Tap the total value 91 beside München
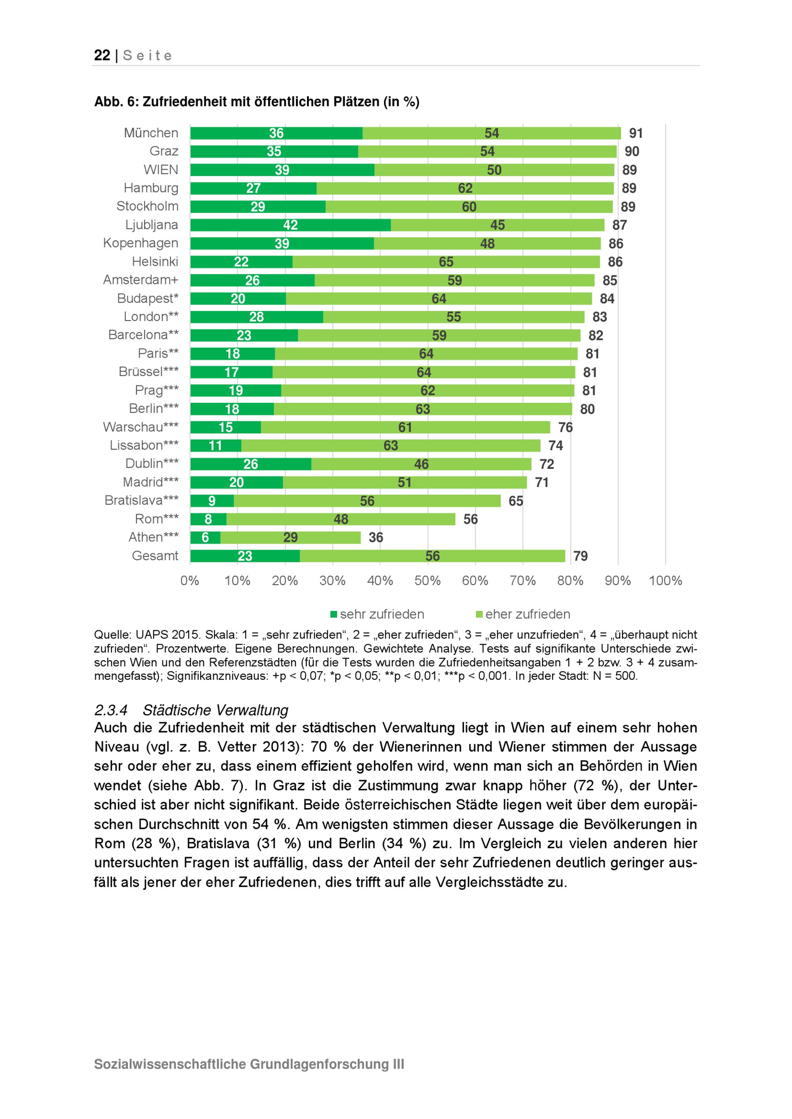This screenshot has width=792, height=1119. tap(636, 133)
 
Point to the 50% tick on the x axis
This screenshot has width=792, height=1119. tap(427, 580)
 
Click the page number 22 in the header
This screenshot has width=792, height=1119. tap(102, 55)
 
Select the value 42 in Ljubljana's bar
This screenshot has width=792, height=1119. tap(290, 225)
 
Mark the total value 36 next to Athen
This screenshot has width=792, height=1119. tap(375, 538)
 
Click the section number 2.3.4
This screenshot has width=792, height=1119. tap(111, 710)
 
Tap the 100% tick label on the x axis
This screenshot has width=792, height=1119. tap(665, 580)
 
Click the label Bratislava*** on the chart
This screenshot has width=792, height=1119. tap(141, 501)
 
